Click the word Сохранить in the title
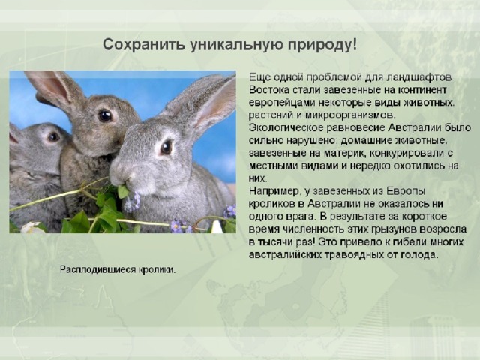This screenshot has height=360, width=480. tap(143, 45)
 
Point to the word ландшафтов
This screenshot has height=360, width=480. tap(418, 77)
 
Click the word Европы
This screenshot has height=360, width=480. tap(406, 191)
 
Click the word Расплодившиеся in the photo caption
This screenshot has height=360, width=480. tap(97, 270)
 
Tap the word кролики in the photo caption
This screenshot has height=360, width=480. tap(157, 270)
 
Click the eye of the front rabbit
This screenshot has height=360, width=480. tap(166, 148)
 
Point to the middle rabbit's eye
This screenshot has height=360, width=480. tap(105, 115)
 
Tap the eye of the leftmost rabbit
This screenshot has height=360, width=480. tap(53, 136)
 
